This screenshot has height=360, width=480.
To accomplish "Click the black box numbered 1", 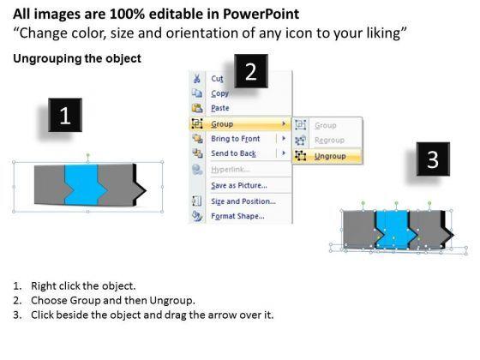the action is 65,115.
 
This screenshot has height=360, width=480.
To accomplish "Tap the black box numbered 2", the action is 251,71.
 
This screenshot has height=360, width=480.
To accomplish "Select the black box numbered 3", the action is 433,159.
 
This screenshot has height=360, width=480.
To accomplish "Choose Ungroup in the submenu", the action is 330,156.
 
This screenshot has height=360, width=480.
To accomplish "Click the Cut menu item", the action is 217,79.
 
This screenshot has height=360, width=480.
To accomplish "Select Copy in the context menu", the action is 219,93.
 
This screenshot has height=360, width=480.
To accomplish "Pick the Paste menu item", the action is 220,108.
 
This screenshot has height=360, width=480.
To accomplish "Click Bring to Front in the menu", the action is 236,139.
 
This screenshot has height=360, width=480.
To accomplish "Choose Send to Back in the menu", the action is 233,153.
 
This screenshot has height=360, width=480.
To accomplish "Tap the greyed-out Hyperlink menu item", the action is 231,170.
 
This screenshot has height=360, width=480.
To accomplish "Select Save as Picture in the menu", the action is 239,185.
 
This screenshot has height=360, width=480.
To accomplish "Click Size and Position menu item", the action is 243,201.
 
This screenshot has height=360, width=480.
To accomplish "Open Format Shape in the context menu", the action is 238,216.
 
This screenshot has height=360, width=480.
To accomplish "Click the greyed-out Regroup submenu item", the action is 329,141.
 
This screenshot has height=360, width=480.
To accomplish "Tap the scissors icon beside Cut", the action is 196,78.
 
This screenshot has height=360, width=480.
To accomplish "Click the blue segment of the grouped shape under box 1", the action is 82,185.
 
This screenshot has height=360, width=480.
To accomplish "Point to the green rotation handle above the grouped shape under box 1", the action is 87,155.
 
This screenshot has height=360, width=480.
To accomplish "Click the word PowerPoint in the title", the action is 261,14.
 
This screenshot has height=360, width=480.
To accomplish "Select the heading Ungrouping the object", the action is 77,58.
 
